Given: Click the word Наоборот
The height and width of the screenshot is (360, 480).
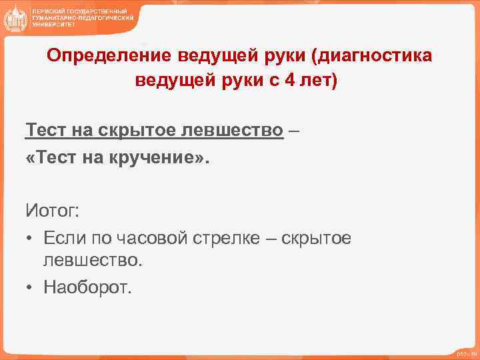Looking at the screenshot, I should pos(87,287).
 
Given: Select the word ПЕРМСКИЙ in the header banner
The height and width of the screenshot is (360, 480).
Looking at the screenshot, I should pos(48,12).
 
